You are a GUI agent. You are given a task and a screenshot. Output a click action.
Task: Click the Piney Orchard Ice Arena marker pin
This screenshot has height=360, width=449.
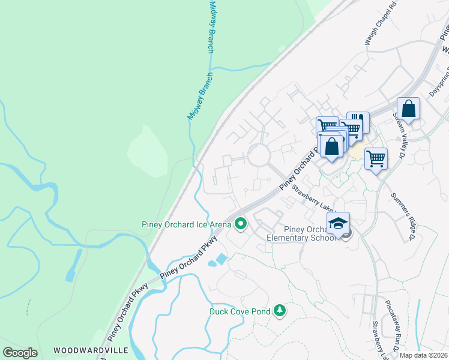pos(241,224)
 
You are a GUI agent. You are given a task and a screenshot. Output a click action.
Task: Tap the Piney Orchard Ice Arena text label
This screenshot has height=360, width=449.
pos(186,224)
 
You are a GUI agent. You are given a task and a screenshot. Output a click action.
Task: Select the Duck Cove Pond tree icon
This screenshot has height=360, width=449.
pos(279,310)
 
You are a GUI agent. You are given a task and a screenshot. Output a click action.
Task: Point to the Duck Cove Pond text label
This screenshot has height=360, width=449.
pos(240,311)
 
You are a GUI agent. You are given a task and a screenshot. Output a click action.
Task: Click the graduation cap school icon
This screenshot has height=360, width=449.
pos(339,224)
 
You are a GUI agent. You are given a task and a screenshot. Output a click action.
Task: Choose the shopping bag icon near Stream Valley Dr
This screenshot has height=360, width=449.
pos(408,110)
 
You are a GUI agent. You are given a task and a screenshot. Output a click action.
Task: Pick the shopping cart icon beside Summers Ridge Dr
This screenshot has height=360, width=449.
pos(376,159)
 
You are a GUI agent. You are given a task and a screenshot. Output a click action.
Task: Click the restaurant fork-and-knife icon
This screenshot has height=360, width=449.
pos(358,122)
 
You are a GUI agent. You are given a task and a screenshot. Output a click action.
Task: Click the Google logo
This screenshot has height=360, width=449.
pos(20,353)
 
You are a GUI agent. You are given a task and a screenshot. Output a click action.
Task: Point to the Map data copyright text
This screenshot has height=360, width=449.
pos(423,355)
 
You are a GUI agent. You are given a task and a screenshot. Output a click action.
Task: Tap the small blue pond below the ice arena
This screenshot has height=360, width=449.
pos(218,260)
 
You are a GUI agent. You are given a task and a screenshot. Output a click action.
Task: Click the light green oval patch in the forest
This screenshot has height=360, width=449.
pos(147,153)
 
